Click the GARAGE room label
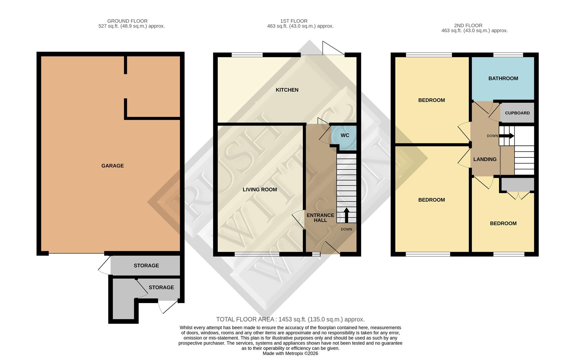(112, 166)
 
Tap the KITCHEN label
(287, 90)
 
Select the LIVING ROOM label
(259, 189)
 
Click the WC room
(345, 135)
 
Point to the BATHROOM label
(503, 78)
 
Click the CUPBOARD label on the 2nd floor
(517, 113)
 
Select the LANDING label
(485, 159)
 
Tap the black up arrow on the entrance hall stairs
(346, 215)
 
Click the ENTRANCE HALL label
(320, 218)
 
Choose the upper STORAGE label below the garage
(146, 266)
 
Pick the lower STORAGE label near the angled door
(161, 287)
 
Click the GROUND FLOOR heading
(127, 21)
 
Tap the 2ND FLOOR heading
(468, 25)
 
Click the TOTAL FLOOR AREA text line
(290, 319)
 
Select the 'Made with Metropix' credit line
(290, 353)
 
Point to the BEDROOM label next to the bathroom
(431, 100)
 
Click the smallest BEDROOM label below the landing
(503, 223)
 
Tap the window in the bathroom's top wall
(508, 55)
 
